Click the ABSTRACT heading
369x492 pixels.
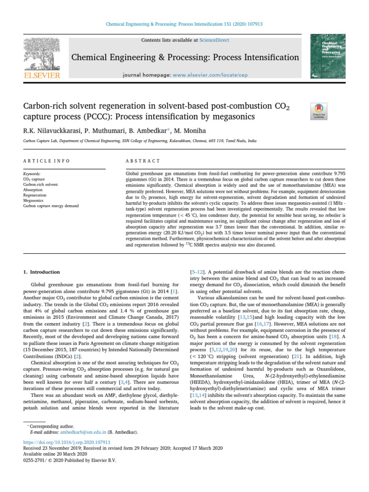pyautogui.click(x=142, y=160)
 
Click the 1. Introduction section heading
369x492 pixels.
pyautogui.click(x=42, y=272)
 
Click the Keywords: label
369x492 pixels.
pyautogui.click(x=33, y=172)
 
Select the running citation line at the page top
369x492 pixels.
pyautogui.click(x=184, y=24)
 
